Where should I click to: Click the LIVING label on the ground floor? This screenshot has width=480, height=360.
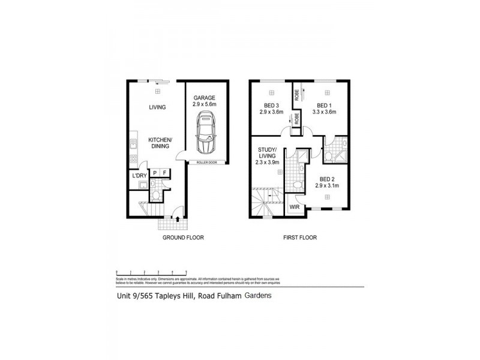click(x=157, y=107)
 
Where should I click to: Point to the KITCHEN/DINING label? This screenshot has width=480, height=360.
click(x=157, y=142)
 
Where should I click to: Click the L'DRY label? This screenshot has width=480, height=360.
click(x=139, y=175)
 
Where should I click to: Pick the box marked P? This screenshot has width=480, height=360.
click(x=154, y=173)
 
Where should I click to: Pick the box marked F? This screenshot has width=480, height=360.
click(x=165, y=173)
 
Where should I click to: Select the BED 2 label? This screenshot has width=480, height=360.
click(x=327, y=179)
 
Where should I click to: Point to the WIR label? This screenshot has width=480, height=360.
click(x=295, y=206)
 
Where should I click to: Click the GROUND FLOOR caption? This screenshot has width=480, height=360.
click(x=184, y=238)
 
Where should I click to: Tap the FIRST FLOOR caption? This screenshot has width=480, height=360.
click(x=300, y=238)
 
